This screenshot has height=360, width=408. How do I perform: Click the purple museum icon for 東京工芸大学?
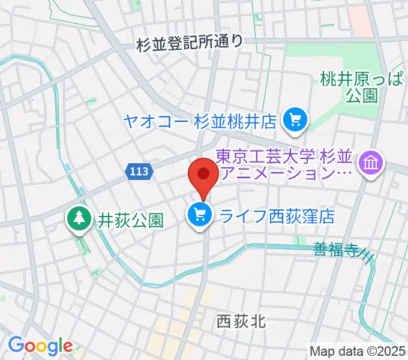371,162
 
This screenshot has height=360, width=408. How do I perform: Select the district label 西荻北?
240,322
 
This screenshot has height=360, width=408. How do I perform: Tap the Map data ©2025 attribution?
358,350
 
